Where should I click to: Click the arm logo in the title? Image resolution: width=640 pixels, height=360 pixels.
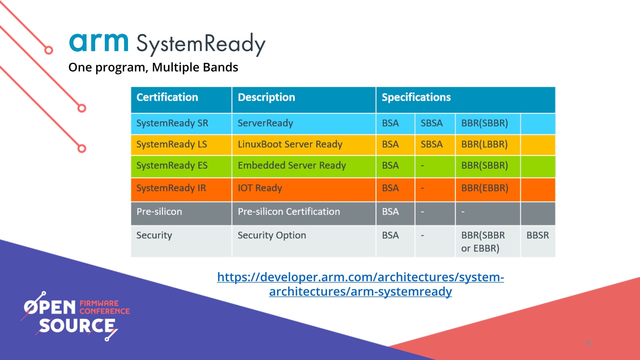[99, 42]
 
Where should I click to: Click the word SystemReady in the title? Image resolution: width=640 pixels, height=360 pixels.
[200, 44]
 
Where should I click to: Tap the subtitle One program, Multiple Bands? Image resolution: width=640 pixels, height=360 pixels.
[153, 67]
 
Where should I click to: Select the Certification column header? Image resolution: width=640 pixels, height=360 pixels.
[167, 98]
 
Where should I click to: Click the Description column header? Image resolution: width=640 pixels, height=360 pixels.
[266, 98]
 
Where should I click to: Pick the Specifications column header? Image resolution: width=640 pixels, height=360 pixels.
[416, 98]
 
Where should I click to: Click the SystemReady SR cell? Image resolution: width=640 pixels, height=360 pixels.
[172, 123]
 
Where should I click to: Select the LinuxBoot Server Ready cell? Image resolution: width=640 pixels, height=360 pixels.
[290, 144]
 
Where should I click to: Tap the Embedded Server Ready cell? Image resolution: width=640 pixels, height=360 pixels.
[292, 166]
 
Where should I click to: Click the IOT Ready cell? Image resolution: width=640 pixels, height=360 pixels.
[260, 188]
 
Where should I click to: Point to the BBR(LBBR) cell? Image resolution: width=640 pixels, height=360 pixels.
[484, 144]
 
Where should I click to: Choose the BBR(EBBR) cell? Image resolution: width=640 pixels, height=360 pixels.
[485, 188]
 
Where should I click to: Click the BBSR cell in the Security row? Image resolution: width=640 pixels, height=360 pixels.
[538, 236]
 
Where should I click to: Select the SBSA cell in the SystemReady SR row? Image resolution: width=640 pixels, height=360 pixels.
[432, 123]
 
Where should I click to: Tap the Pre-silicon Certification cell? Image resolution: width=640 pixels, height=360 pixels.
[289, 212]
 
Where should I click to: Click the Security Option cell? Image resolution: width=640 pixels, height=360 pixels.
[272, 236]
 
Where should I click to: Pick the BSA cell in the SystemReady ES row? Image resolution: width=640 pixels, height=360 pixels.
[390, 166]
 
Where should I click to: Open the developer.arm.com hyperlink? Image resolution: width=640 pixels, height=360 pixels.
[360, 284]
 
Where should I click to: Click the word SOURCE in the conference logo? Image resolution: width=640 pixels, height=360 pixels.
[77, 326]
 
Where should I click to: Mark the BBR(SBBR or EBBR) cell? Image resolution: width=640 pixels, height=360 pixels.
[483, 242]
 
